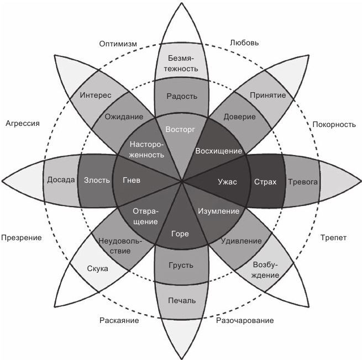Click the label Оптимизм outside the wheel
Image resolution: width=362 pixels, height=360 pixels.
[x=118, y=44]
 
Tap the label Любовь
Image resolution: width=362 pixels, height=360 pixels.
[x=243, y=43]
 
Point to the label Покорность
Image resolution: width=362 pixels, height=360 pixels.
[x=333, y=124]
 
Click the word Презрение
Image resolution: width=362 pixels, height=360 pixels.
[x=22, y=237]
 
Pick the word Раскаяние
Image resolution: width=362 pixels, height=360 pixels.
[x=119, y=320]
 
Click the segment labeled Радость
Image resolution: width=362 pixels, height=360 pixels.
[x=181, y=96]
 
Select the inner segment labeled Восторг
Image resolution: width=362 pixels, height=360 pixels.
[x=181, y=130]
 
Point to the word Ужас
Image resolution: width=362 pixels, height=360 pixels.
[x=227, y=181]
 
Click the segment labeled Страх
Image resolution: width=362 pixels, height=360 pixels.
[x=265, y=181]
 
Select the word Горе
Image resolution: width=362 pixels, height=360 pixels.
[x=180, y=234]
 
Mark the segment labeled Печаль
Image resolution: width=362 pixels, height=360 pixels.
[x=181, y=300]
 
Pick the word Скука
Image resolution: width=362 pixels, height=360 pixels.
[x=97, y=269]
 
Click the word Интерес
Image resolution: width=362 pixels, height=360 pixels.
[x=95, y=95]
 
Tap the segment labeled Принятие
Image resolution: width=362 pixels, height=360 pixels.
[x=267, y=95]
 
